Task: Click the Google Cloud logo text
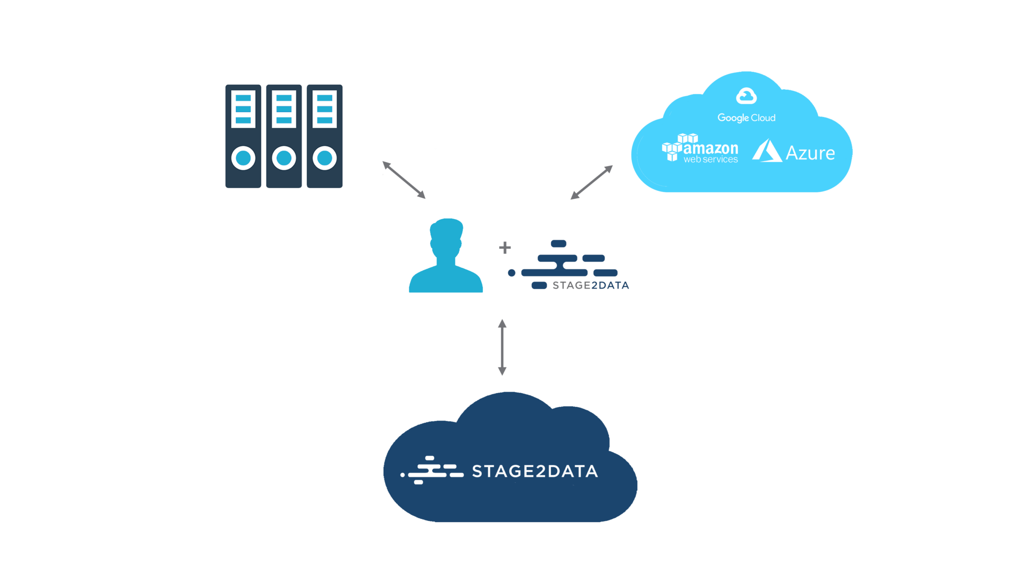pyautogui.click(x=746, y=118)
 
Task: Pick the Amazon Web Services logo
pyautogui.click(x=700, y=148)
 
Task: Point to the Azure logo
pyautogui.click(x=794, y=152)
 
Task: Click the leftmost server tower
pyautogui.click(x=243, y=136)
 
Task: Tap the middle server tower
pyautogui.click(x=284, y=136)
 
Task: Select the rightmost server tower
pyautogui.click(x=325, y=136)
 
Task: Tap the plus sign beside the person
pyautogui.click(x=505, y=247)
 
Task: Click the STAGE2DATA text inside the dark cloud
pyautogui.click(x=534, y=471)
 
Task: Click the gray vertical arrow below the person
pyautogui.click(x=502, y=347)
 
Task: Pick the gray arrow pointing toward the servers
pyautogui.click(x=404, y=179)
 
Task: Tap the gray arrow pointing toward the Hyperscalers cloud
pyautogui.click(x=591, y=182)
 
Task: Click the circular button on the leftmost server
pyautogui.click(x=243, y=158)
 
